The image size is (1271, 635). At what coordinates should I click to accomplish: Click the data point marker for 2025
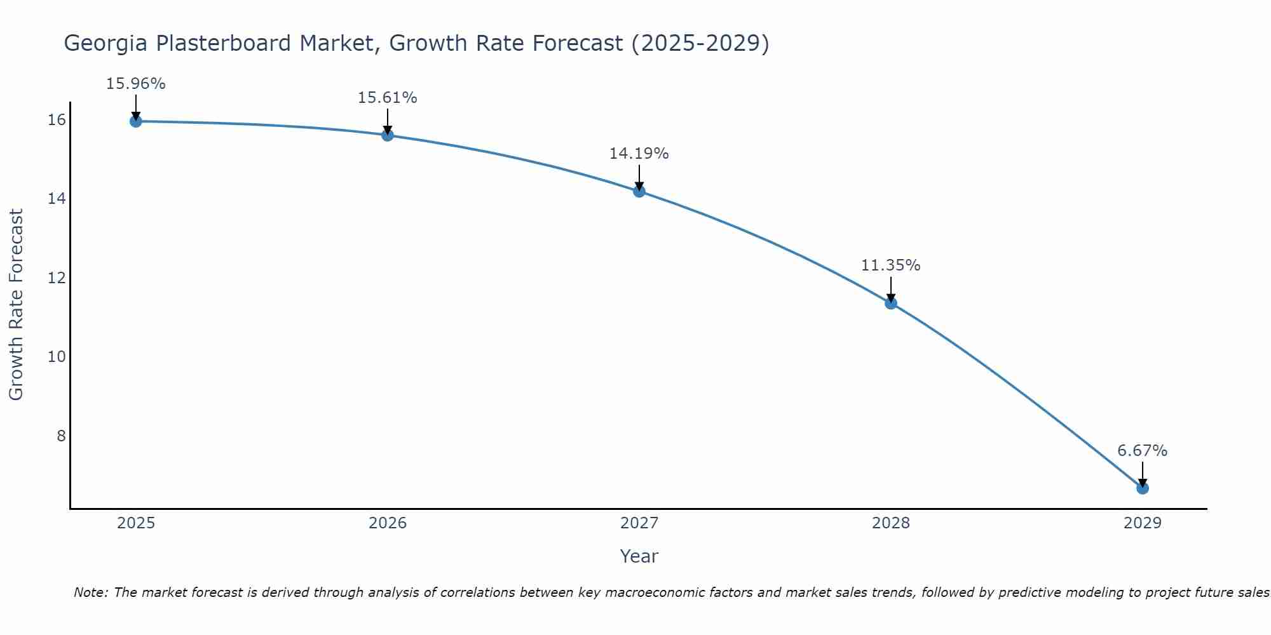click(135, 121)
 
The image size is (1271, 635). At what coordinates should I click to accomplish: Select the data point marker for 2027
click(639, 191)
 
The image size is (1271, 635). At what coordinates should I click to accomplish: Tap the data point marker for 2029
click(1142, 488)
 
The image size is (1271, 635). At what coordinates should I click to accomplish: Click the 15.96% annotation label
click(135, 84)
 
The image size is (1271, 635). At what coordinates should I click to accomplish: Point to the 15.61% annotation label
click(387, 98)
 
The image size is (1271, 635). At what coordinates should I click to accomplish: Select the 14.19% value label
click(639, 154)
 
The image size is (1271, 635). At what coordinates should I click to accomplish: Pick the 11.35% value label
click(890, 265)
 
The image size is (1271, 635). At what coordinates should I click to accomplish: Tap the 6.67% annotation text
click(1142, 451)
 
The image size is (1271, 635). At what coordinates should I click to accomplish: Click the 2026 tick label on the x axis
click(388, 523)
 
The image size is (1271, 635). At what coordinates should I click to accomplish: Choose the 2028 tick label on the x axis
click(890, 523)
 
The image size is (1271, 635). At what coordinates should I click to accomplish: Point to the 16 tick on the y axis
click(57, 120)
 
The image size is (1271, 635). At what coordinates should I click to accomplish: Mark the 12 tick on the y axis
click(57, 277)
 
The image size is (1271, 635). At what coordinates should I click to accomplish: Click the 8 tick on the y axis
click(61, 436)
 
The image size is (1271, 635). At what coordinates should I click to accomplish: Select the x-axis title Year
click(639, 556)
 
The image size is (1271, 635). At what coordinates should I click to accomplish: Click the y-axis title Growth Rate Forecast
click(17, 305)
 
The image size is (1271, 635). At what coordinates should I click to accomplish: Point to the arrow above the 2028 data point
click(890, 289)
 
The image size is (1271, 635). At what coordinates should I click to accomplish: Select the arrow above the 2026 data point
click(387, 121)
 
